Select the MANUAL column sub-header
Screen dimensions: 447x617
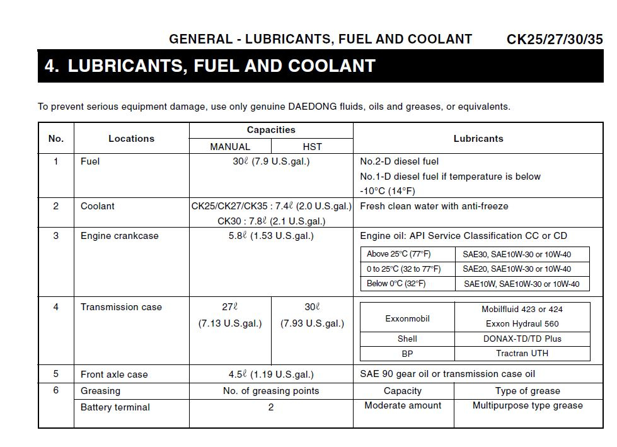(x=230, y=147)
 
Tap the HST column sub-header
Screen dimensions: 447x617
(x=312, y=147)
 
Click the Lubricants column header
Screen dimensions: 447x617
(x=478, y=139)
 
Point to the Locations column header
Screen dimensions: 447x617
(x=131, y=139)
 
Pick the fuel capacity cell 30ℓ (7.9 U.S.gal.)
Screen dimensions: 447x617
(x=271, y=162)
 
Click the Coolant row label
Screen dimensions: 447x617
(x=98, y=206)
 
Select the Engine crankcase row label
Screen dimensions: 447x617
(x=120, y=236)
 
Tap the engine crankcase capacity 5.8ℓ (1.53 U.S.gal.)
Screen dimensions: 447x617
(x=271, y=236)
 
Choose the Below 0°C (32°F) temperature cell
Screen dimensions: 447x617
(x=396, y=284)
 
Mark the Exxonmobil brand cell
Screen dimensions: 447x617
(x=407, y=318)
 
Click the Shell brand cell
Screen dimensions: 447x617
(x=407, y=339)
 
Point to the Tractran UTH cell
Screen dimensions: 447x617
(x=522, y=354)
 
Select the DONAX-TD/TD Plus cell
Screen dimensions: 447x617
(x=522, y=339)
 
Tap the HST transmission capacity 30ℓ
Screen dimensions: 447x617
(x=312, y=307)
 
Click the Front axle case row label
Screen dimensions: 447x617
(x=114, y=374)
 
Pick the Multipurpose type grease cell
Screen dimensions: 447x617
(x=528, y=406)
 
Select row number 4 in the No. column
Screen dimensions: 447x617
(x=56, y=307)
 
